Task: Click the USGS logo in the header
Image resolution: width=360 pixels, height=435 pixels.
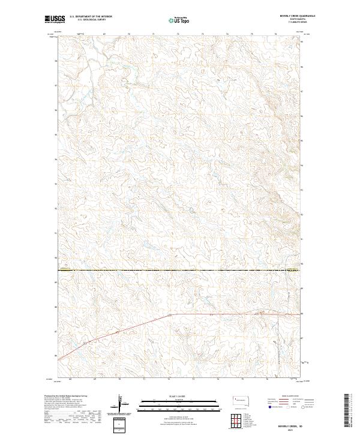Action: point(55,19)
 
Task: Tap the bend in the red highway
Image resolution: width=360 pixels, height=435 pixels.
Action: point(170,314)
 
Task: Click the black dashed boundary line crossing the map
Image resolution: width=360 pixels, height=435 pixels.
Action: point(180,269)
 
